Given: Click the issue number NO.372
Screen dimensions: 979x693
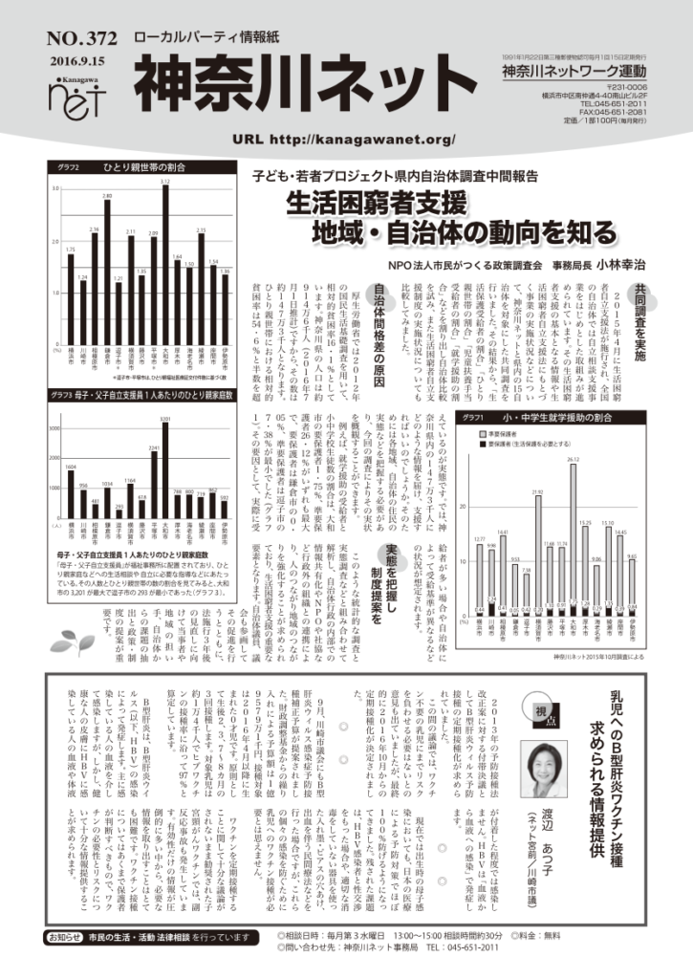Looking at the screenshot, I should (80, 39).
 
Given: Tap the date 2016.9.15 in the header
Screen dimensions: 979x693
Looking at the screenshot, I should (80, 58).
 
